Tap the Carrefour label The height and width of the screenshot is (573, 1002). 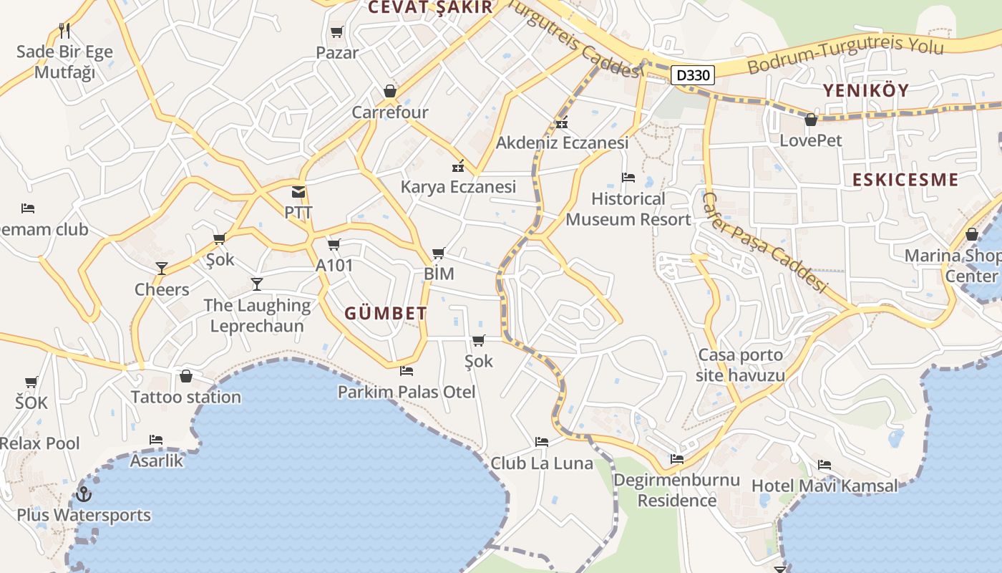tap(390, 112)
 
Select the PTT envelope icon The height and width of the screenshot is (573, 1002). tap(298, 192)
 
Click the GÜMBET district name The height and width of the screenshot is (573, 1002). tap(386, 313)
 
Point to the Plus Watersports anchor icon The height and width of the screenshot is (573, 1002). tap(84, 494)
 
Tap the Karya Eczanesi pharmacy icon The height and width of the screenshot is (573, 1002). tap(458, 167)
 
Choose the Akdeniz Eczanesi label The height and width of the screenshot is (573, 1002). tap(562, 143)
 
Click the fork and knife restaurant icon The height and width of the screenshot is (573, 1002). tap(64, 31)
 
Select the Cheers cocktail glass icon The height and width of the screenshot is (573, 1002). tap(162, 269)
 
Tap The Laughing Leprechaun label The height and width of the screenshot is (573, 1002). tap(257, 315)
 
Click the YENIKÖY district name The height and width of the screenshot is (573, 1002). tap(866, 90)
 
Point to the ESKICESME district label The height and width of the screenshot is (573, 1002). tap(905, 179)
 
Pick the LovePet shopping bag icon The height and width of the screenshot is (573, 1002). tap(811, 120)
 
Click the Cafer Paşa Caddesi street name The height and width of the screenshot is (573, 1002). tap(764, 241)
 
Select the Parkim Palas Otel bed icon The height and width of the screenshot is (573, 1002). tap(407, 371)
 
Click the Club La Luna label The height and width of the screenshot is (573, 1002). tap(542, 463)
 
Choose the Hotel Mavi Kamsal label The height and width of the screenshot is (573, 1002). tap(824, 486)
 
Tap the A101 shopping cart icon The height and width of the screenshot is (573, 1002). tap(334, 245)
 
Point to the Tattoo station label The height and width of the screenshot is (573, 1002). tap(186, 397)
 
